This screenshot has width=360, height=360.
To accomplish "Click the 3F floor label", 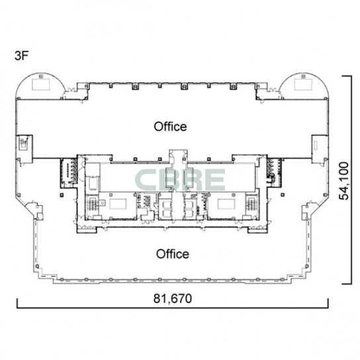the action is pos(21,56).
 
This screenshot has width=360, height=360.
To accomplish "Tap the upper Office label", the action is pos(170,126).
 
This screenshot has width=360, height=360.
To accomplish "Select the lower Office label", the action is pos(173,254).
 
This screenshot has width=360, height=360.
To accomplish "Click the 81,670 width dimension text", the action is pos(173,298).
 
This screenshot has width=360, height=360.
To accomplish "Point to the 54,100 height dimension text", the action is pos(344,181).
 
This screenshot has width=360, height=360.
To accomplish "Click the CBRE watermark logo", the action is pos(180,180).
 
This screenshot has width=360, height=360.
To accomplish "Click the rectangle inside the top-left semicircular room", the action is pos(41,84).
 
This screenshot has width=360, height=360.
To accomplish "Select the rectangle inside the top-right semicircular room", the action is pos(303,84).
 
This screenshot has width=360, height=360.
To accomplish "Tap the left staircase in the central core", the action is pos(92,204).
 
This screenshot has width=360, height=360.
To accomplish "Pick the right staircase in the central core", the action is pos(251,204).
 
